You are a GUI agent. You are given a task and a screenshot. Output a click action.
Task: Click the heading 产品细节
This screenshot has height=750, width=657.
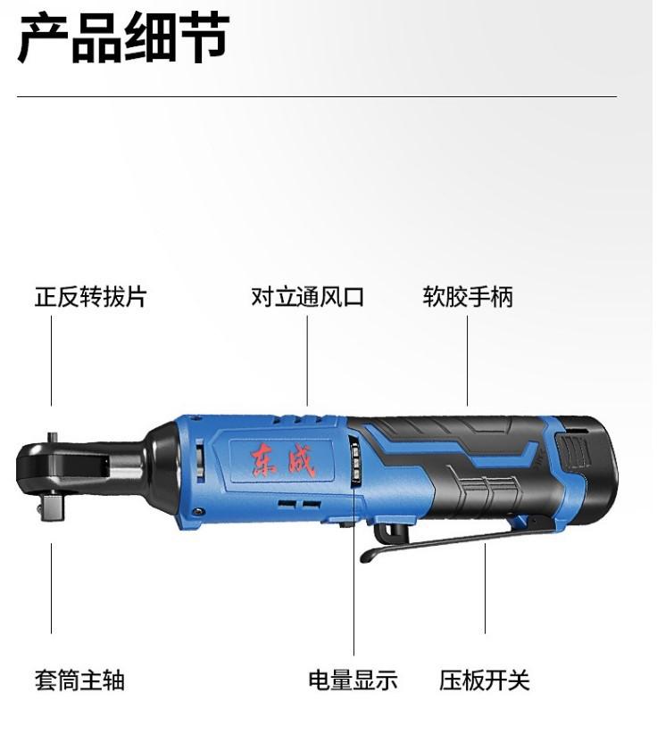[123, 37]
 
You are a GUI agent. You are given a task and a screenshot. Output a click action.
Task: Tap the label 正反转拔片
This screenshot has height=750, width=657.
[90, 297]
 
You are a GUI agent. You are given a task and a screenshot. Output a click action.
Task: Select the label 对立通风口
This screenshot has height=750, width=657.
[307, 297]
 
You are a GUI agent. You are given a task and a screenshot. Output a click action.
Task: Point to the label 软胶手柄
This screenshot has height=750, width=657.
[468, 297]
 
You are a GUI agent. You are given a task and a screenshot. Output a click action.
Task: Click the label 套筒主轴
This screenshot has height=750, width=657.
[79, 680]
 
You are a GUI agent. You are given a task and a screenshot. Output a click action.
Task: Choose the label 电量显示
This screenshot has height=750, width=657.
[353, 680]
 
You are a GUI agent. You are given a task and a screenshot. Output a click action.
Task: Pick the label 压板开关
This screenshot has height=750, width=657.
[485, 680]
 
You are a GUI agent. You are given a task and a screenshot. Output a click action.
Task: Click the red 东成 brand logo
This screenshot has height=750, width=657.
[284, 461]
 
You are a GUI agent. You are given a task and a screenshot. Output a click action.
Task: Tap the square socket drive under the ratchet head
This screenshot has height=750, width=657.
[53, 508]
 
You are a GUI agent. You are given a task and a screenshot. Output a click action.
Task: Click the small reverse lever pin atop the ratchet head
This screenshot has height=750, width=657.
[52, 438]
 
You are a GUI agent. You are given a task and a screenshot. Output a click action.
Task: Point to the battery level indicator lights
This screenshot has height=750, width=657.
[356, 463]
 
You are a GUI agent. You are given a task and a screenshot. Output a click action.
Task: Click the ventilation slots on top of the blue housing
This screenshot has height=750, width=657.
[298, 420]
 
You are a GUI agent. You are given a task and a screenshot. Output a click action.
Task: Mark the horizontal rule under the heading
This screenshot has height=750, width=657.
[317, 96]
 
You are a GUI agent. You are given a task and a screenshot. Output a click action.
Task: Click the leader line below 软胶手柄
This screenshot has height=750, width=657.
[468, 360]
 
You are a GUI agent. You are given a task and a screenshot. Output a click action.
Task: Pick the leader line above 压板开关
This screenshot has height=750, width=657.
[485, 588]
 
